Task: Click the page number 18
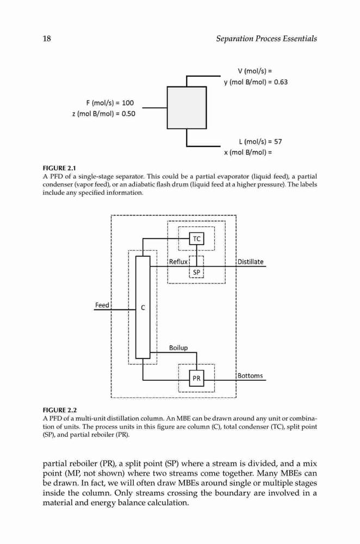pyautogui.click(x=47, y=39)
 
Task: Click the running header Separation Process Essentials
pyautogui.click(x=266, y=39)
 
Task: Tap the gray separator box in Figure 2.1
pyautogui.click(x=187, y=108)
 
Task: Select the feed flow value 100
pyautogui.click(x=128, y=103)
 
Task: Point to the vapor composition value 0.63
pyautogui.click(x=281, y=82)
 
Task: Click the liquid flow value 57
pyautogui.click(x=278, y=141)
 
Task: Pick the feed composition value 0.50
pyautogui.click(x=128, y=114)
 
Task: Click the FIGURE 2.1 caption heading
pyautogui.click(x=59, y=169)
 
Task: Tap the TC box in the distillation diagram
pyautogui.click(x=197, y=239)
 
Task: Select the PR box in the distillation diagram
pyautogui.click(x=197, y=378)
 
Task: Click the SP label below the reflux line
pyautogui.click(x=197, y=273)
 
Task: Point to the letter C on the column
pyautogui.click(x=143, y=308)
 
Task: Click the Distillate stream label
pyautogui.click(x=250, y=262)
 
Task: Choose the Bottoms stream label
pyautogui.click(x=250, y=376)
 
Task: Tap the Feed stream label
pyautogui.click(x=102, y=305)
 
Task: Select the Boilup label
pyautogui.click(x=178, y=348)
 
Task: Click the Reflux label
pyautogui.click(x=178, y=262)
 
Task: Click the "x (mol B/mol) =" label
pyautogui.click(x=248, y=153)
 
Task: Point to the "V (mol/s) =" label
pyautogui.click(x=255, y=71)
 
